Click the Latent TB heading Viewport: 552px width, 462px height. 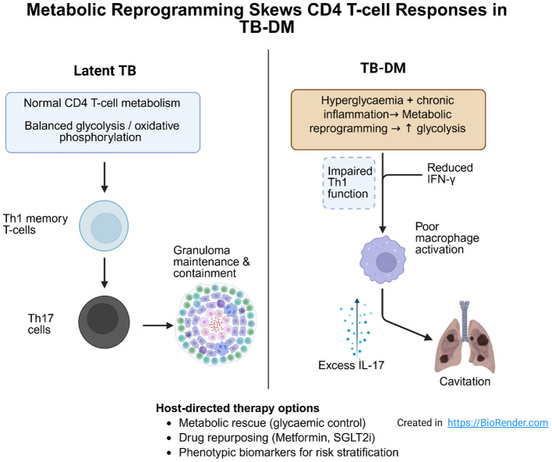click(105, 70)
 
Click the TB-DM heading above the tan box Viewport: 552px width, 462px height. click(383, 68)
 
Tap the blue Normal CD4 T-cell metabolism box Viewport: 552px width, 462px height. click(103, 123)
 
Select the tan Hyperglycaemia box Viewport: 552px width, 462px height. click(388, 119)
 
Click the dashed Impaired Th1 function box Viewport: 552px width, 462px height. click(349, 183)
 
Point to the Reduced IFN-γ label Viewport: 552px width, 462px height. click(450, 173)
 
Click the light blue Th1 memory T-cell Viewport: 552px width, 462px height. click(104, 226)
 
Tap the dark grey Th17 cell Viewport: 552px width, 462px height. click(104, 322)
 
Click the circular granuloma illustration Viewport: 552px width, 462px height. click(215, 324)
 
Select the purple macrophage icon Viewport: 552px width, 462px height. click(383, 260)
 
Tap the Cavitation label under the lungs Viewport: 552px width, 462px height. click(465, 382)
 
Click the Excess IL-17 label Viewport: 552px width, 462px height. click(351, 365)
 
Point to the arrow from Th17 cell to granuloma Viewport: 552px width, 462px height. click(158, 325)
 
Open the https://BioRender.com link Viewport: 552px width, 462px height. click(497, 422)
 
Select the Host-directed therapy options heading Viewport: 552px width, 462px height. click(238, 408)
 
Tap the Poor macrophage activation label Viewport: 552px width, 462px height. click(447, 238)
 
